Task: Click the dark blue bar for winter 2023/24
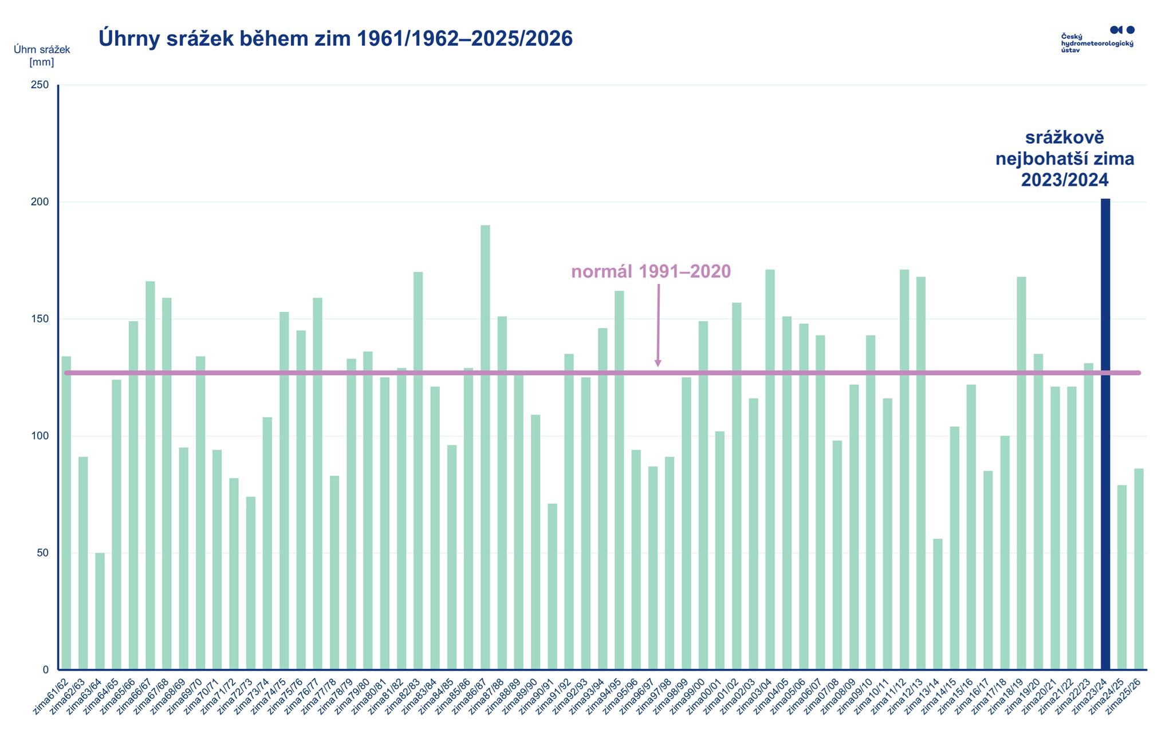1105,435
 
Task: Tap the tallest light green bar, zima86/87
485,447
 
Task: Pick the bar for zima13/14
938,604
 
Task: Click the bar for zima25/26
1139,569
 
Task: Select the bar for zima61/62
66,513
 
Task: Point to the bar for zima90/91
552,586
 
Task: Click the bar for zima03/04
770,469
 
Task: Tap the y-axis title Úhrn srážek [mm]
42,56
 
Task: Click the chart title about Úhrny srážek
336,38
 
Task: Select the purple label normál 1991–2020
651,271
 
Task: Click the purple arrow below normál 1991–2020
658,326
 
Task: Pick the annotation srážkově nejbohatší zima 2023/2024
1065,159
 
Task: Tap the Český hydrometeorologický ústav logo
1097,40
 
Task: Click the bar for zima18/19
1021,473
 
